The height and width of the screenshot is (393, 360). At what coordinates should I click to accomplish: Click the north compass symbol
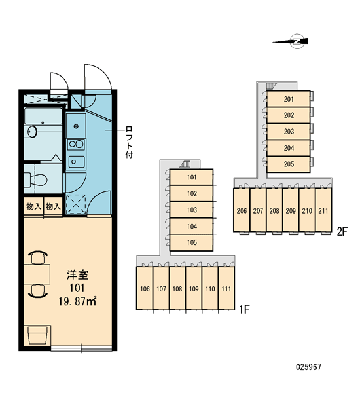tap(297, 41)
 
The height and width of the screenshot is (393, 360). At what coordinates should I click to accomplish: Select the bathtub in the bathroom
tap(43, 116)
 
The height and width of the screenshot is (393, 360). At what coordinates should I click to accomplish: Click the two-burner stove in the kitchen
tap(76, 144)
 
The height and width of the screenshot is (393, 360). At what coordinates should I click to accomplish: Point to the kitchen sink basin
tap(76, 161)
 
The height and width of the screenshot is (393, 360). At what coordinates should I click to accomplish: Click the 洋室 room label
tap(77, 274)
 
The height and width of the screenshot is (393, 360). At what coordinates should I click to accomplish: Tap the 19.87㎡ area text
tap(77, 301)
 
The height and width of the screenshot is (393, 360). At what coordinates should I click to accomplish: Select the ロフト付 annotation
tap(129, 142)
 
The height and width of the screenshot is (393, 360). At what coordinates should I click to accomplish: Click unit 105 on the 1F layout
tap(192, 242)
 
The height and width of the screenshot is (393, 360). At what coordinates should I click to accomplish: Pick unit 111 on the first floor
tap(226, 288)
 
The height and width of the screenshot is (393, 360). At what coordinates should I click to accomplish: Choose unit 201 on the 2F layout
tap(289, 99)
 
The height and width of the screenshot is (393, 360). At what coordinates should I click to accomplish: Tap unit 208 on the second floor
tap(274, 210)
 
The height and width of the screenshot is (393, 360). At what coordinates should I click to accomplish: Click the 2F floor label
tap(342, 232)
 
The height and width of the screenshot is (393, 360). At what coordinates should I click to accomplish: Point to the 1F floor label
tap(244, 310)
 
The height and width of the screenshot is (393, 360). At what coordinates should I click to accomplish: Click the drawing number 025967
tap(308, 367)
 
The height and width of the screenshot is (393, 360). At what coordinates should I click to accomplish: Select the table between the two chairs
tap(37, 274)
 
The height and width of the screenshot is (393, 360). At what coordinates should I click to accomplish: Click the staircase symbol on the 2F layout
tap(271, 85)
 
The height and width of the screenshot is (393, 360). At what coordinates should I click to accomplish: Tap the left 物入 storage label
tap(33, 206)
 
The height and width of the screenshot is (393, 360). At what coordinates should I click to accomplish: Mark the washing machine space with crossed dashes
tap(76, 204)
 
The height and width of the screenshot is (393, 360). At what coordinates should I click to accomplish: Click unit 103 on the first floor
tap(192, 210)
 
